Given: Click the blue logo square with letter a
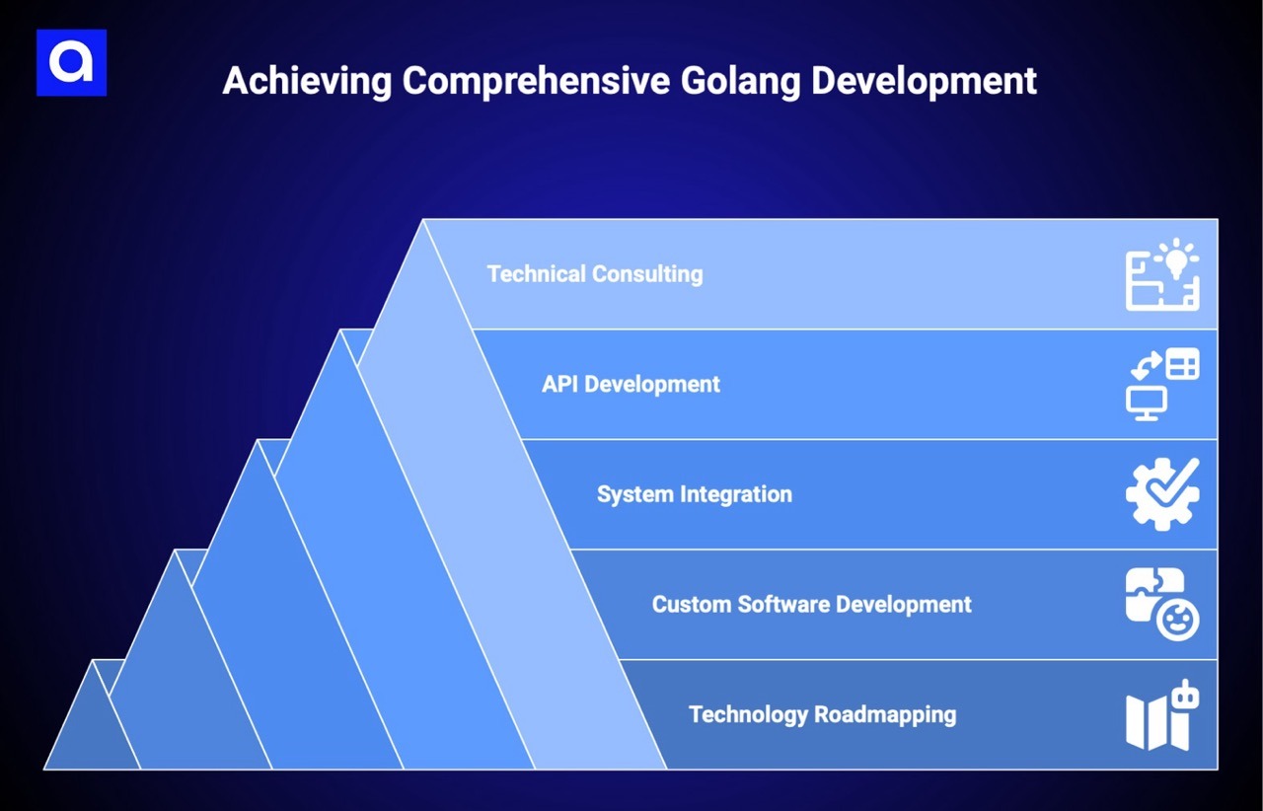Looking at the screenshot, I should pyautogui.click(x=71, y=62).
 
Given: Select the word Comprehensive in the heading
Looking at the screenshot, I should pyautogui.click(x=535, y=81).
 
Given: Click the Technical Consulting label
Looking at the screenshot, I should pyautogui.click(x=594, y=273).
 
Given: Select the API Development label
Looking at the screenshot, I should pyautogui.click(x=631, y=384).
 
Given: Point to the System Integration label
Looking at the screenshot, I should pyautogui.click(x=694, y=493).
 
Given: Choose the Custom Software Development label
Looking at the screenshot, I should pyautogui.click(x=811, y=604).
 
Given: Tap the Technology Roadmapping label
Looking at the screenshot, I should pyautogui.click(x=822, y=713).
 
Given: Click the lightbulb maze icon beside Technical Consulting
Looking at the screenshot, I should pyautogui.click(x=1162, y=275).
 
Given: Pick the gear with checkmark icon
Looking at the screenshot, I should pyautogui.click(x=1162, y=494).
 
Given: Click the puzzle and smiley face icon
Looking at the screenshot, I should pyautogui.click(x=1162, y=604).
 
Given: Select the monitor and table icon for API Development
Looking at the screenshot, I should pyautogui.click(x=1162, y=385).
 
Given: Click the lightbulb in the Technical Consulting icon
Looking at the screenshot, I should pyautogui.click(x=1176, y=258).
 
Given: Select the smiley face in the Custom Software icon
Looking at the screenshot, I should pyautogui.click(x=1178, y=622).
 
